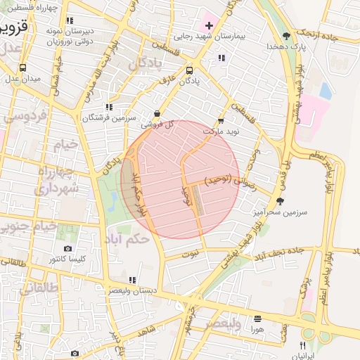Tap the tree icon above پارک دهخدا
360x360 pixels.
pos(285,35)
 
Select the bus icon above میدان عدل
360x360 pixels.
pos(23,68)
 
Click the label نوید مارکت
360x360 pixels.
pos(221,131)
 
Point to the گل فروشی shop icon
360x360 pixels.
pos(156,113)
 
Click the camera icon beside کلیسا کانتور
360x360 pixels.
pos(67,249)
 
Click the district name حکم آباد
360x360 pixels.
pos(131,239)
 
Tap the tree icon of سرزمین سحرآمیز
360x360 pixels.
pos(280,201)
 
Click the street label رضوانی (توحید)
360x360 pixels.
pos(231,181)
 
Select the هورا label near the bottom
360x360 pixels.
pos(257,328)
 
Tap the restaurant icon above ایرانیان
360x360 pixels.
pos(302,345)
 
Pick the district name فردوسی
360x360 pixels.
pos(25,116)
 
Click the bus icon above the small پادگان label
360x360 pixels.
pos(188,71)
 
